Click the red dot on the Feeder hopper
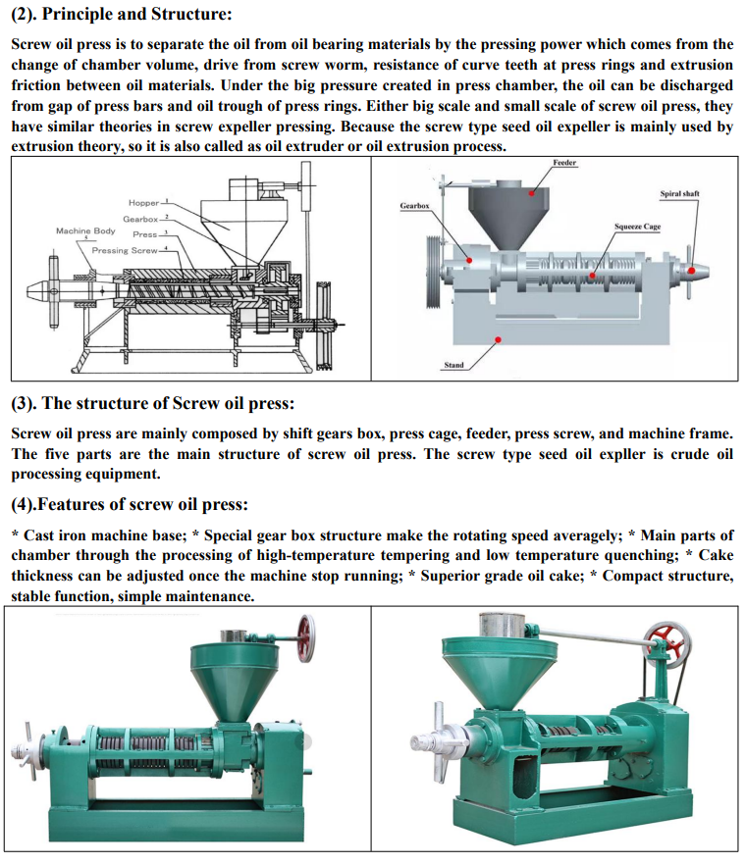pos(532,193)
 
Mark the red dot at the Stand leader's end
pos(498,340)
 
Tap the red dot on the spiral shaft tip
pos(690,270)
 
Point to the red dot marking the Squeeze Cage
pos(593,276)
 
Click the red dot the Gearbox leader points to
pos(470,260)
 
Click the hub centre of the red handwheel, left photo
pos(305,637)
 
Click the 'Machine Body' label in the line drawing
pos(85,230)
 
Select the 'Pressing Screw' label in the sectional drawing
pos(125,251)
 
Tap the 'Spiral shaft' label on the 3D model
pos(679,194)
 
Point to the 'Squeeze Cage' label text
pos(637,227)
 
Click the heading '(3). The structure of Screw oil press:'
pos(153,403)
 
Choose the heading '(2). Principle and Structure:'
pos(122,14)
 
